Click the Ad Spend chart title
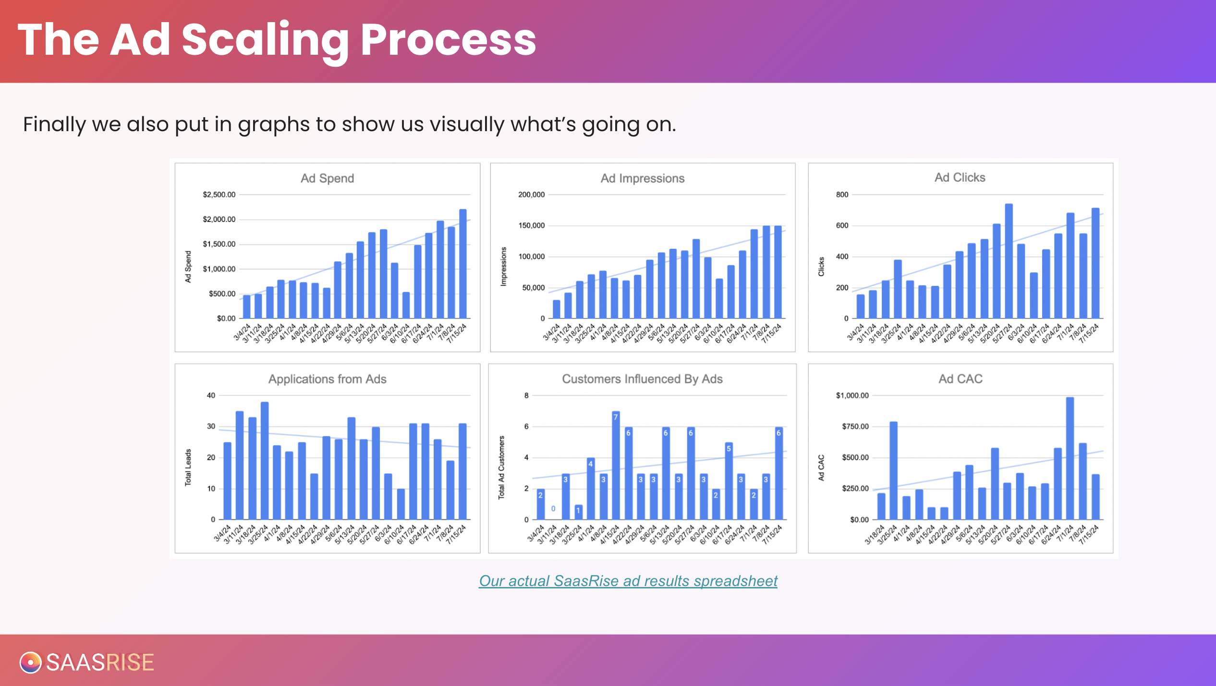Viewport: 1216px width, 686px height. coord(327,178)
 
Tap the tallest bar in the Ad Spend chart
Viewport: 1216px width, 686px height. coord(463,264)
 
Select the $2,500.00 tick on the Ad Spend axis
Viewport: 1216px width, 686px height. coord(219,195)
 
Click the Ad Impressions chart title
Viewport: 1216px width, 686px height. coord(642,178)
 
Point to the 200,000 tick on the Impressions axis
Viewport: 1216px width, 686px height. coord(531,195)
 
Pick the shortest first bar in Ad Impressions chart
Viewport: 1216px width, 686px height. coord(556,309)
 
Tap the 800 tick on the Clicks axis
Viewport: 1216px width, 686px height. coord(842,195)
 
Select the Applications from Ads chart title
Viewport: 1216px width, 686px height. coord(327,379)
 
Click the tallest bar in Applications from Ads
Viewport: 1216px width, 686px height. coord(265,461)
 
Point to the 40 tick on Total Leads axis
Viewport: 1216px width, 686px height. coord(211,395)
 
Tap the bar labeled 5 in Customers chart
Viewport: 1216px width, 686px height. coord(729,481)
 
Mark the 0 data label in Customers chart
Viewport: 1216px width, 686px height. coord(553,508)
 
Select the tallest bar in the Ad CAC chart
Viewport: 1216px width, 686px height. coord(1070,458)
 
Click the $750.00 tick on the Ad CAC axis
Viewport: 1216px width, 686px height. coord(855,427)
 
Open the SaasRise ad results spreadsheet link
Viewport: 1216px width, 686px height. coord(628,581)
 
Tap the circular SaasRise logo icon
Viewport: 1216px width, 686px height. coord(30,662)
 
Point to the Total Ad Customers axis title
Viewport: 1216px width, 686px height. coord(501,467)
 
